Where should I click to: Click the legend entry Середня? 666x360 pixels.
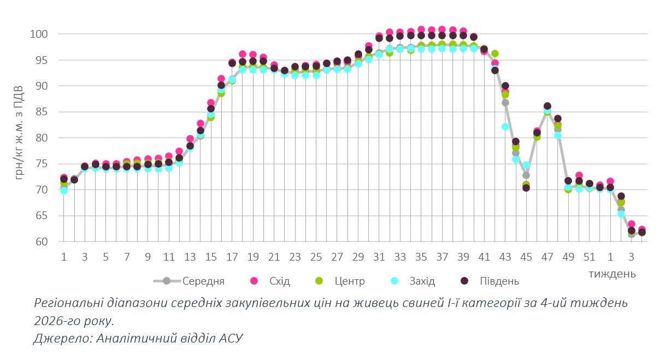(203, 281)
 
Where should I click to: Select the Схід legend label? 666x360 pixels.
(279, 281)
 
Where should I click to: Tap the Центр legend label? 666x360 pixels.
(350, 281)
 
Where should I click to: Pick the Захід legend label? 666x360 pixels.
(422, 281)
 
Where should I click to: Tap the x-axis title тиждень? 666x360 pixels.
(612, 273)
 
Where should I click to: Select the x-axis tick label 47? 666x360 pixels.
(547, 257)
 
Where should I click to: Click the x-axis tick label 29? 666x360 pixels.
(358, 257)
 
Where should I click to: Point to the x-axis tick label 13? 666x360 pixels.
(190, 257)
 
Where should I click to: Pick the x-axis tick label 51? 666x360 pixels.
(589, 257)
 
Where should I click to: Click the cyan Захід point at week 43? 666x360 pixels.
(505, 127)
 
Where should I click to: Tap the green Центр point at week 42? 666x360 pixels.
(495, 54)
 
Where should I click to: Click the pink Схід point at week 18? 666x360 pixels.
(243, 54)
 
